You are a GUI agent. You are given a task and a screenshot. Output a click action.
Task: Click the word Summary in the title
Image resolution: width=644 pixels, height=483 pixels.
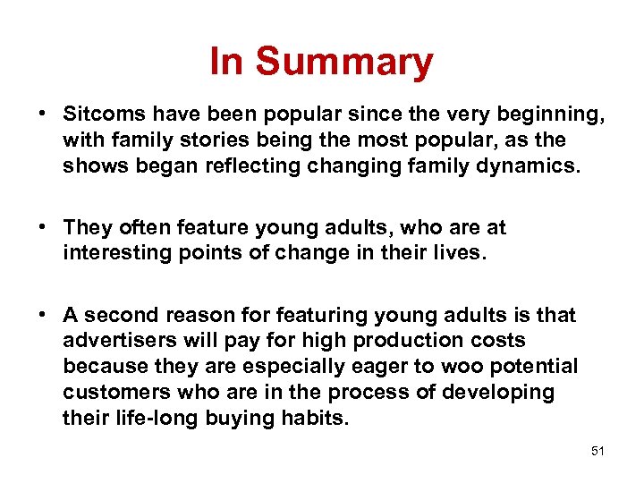click(x=344, y=63)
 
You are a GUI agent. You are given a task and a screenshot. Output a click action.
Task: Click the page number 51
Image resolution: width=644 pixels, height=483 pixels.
click(x=597, y=452)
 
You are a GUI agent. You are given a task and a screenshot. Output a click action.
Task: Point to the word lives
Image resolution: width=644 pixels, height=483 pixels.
click(x=462, y=254)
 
